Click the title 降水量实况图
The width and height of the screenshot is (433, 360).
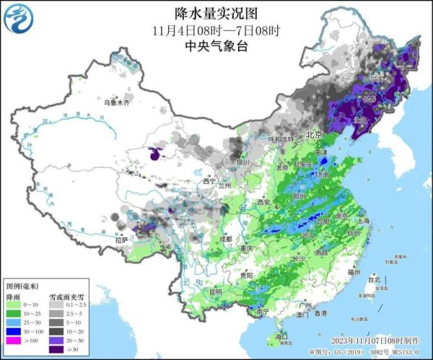click(216, 13)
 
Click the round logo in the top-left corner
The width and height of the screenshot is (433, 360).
click(21, 21)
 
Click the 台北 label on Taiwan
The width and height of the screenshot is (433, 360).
click(373, 279)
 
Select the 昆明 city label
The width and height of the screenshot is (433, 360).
click(214, 291)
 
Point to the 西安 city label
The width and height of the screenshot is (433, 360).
click(263, 203)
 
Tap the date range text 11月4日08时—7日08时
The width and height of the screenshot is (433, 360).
click(216, 31)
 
